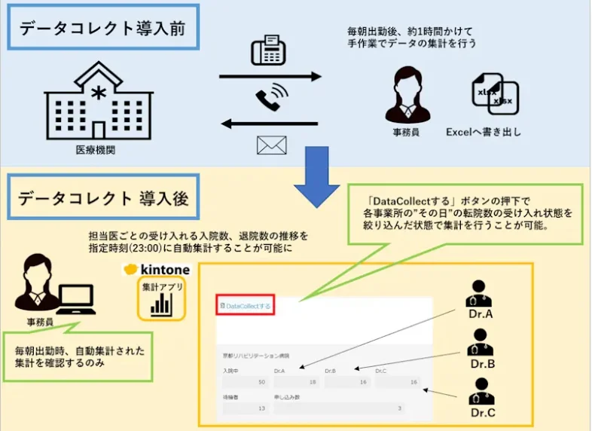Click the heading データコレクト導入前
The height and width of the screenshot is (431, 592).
tap(102, 29)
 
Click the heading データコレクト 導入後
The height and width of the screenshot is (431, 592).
tap(103, 199)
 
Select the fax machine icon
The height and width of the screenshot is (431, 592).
tap(267, 51)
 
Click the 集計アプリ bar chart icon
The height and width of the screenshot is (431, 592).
tap(160, 301)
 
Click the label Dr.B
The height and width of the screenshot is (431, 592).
tap(481, 364)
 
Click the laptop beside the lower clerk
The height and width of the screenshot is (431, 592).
tap(77, 300)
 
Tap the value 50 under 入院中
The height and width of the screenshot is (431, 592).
tap(261, 383)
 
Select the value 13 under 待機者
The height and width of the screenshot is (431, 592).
tap(261, 408)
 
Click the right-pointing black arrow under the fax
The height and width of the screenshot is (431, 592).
tap(270, 77)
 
